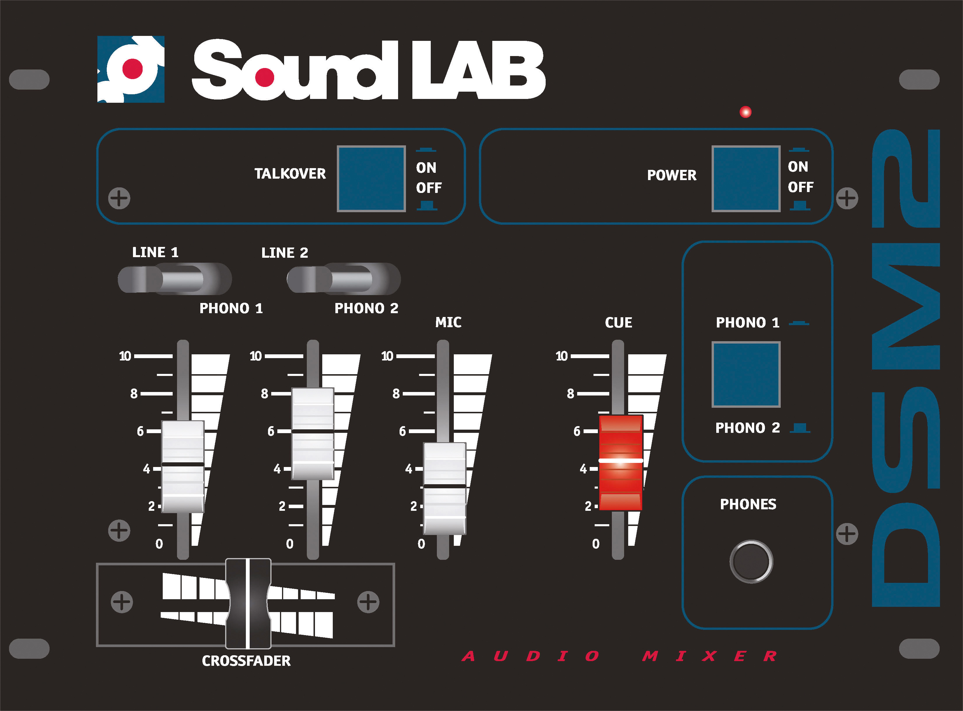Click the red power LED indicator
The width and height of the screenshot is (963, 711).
click(745, 112)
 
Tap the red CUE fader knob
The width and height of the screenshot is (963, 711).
click(621, 462)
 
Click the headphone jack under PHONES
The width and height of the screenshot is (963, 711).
click(751, 561)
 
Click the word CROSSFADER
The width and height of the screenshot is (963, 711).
click(246, 661)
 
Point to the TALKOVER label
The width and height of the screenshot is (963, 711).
click(290, 173)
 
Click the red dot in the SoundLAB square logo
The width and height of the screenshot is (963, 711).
click(132, 69)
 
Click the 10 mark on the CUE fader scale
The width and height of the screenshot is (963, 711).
click(561, 356)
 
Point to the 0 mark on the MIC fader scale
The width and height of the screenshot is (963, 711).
click(421, 543)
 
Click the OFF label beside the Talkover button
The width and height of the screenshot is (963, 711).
click(428, 188)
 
